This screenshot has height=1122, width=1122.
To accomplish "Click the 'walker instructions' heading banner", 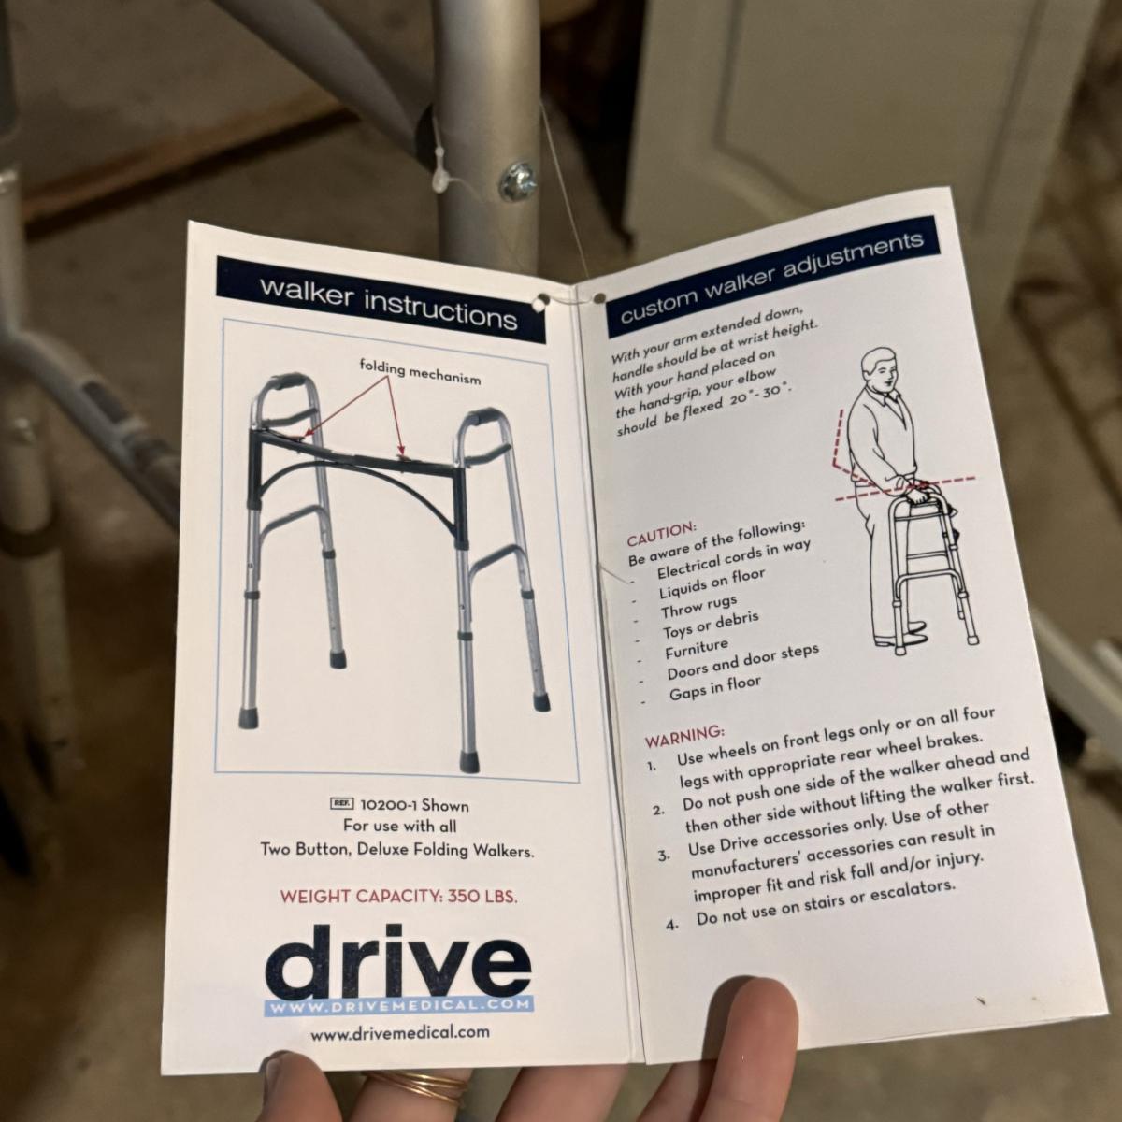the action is [381, 300].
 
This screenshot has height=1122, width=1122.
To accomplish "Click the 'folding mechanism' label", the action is [420, 372].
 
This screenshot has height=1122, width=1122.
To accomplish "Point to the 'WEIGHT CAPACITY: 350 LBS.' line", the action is [399, 896].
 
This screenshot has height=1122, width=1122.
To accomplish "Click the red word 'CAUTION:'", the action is [661, 535].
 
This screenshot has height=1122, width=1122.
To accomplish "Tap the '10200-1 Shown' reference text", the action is [414, 806].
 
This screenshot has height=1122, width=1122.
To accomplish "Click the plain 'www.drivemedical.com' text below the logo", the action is [400, 1033].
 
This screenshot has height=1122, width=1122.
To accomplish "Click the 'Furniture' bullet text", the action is [697, 648].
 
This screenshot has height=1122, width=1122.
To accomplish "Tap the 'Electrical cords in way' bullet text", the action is [734, 558].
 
